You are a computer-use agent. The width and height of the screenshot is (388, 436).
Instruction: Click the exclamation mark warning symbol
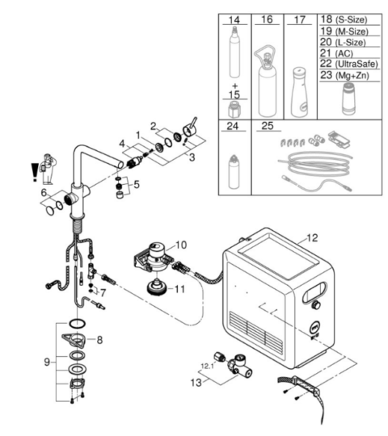point(34,172)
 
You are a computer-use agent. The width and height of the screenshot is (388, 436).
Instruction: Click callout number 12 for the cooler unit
point(312,238)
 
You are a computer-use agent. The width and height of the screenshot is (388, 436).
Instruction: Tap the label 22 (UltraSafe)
point(349,64)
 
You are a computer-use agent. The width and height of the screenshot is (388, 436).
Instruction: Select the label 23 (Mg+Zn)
point(345,75)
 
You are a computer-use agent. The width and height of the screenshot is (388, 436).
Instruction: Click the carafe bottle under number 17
point(300,92)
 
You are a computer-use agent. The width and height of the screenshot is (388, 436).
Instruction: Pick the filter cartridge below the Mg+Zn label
point(348,99)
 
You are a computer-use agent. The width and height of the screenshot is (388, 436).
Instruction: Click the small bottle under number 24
point(234,173)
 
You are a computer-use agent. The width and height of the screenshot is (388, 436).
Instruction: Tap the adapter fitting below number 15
point(234,110)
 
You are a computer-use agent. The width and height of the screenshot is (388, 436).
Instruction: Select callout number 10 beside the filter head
point(181,245)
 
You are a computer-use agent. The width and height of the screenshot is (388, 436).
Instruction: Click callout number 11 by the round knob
point(179,289)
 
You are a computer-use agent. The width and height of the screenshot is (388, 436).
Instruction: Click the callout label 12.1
point(208,366)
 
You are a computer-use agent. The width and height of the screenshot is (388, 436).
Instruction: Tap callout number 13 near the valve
point(196,383)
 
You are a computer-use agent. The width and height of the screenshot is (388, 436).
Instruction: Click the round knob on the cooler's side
point(317,304)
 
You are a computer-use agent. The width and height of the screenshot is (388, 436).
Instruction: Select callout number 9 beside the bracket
point(48,362)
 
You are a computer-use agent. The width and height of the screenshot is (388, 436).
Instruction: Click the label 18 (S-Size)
point(344,19)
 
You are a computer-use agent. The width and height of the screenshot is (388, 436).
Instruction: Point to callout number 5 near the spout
point(137,184)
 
